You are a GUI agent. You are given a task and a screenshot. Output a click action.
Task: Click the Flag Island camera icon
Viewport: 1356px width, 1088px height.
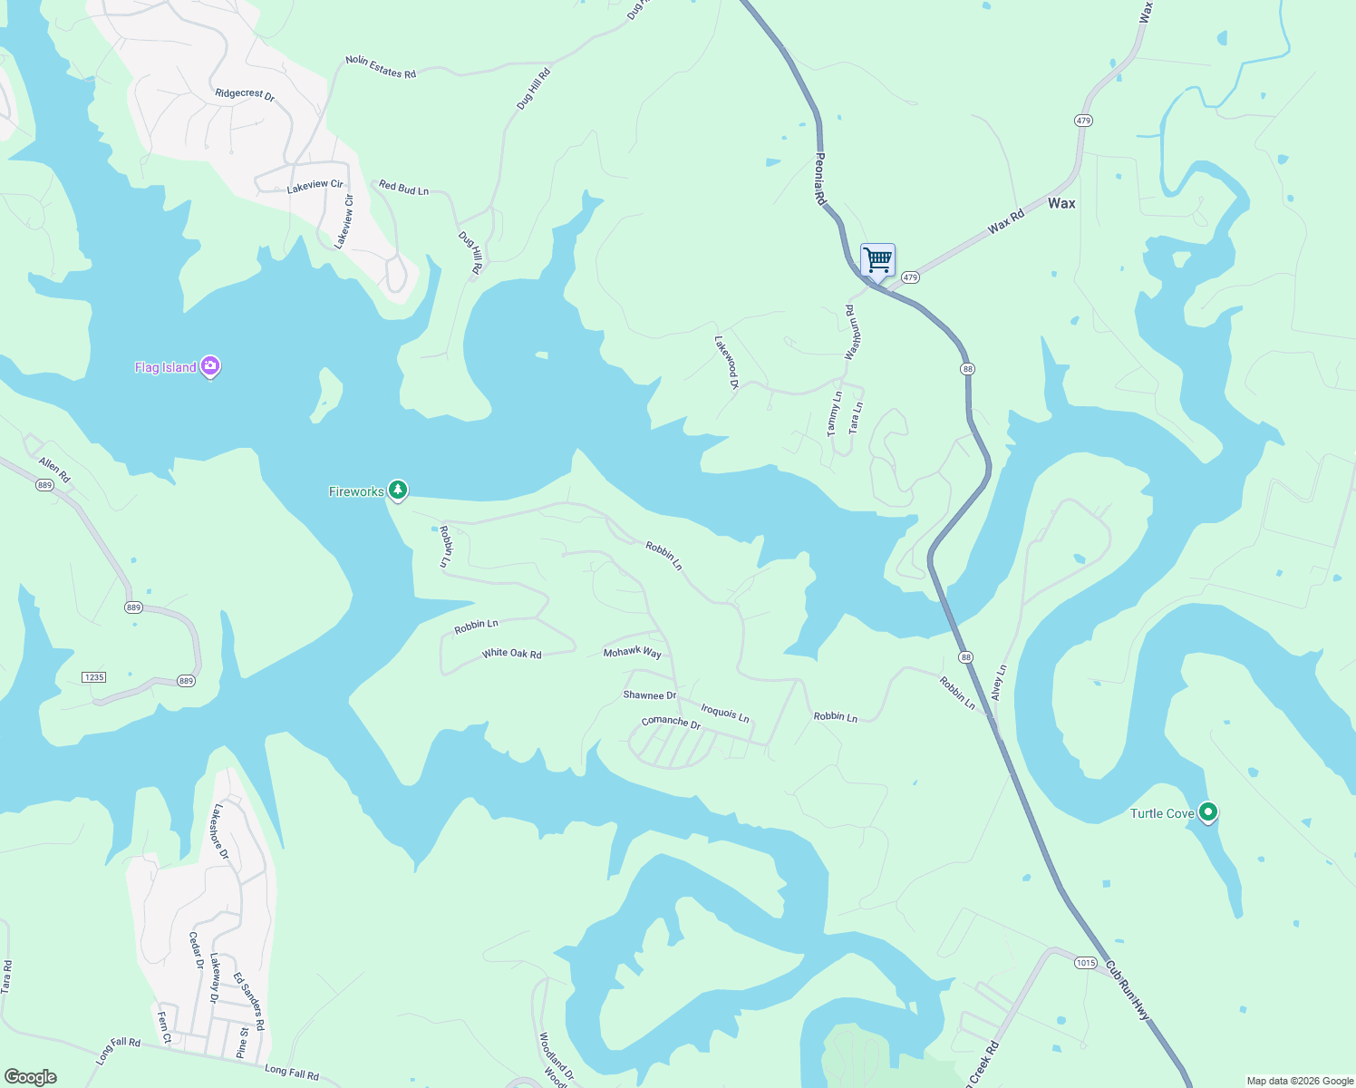point(210,366)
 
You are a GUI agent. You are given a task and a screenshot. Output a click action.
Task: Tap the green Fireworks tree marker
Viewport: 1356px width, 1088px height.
point(397,491)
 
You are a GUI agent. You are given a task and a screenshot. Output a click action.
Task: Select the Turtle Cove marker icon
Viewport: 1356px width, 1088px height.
point(1207,812)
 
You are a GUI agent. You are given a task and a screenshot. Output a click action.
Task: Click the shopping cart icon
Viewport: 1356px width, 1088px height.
point(877,260)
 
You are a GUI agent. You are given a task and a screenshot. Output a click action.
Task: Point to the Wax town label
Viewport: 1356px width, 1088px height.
point(1061,203)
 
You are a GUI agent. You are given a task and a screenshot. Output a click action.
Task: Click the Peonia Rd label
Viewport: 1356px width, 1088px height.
point(820,179)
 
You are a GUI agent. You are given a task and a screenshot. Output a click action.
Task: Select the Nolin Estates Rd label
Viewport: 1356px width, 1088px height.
point(381,67)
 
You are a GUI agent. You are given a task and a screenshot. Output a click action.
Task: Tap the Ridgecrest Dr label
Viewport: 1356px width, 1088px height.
point(245,93)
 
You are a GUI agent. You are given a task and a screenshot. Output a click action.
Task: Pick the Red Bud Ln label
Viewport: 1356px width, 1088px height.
point(403,188)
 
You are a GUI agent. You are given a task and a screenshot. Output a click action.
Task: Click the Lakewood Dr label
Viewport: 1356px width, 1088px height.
point(727,363)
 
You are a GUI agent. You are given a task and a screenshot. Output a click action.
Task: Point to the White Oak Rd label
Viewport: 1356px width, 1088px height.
point(511,653)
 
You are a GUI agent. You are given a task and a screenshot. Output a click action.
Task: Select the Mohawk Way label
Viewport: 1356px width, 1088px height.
point(633,652)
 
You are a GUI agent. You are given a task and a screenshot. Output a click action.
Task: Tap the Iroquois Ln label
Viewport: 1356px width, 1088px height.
point(725,714)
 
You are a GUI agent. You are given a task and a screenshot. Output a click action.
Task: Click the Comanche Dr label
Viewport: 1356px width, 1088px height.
point(671,723)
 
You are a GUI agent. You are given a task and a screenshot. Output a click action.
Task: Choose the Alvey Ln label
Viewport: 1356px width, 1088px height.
point(999,683)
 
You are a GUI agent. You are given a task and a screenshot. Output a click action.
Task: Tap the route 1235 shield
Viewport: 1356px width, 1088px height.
point(93,677)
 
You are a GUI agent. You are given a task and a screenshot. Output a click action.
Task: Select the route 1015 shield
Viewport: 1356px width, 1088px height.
point(1086,963)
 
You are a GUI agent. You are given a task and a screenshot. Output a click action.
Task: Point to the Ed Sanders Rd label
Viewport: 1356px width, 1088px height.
point(248,1001)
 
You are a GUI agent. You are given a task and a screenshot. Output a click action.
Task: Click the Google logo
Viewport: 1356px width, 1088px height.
point(31,1076)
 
